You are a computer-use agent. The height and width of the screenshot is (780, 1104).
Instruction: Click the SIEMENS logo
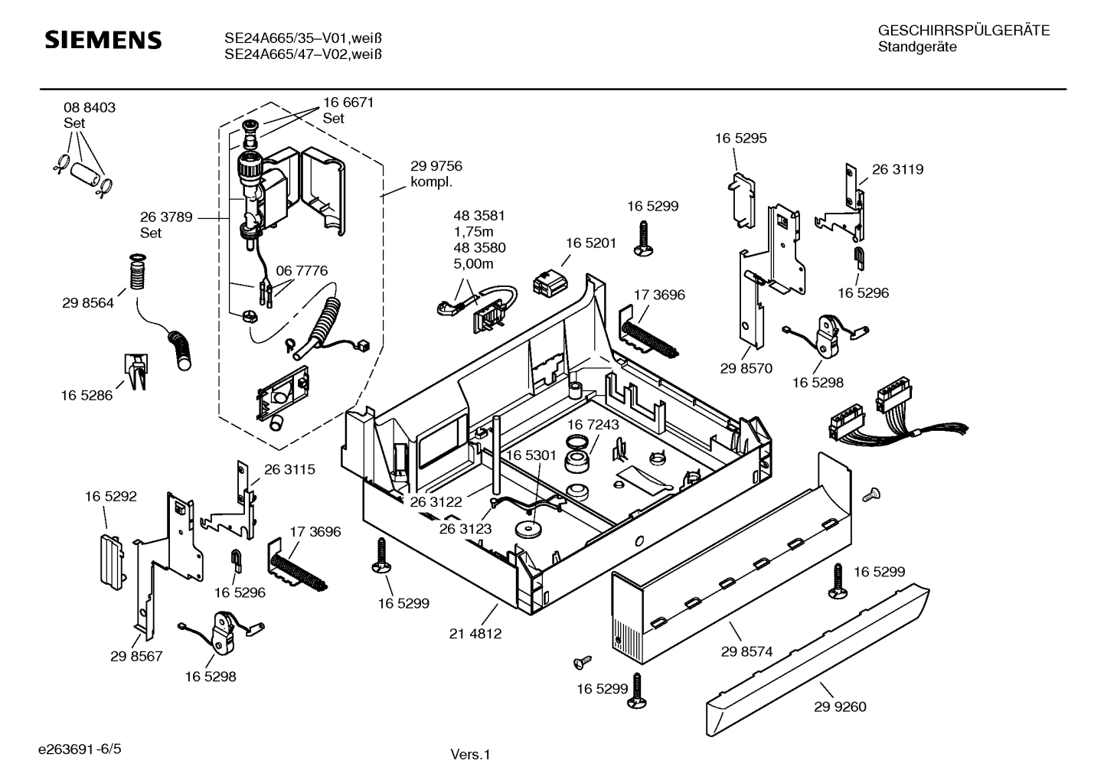103,40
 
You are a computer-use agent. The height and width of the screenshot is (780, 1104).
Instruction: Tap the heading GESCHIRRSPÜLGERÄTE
963,31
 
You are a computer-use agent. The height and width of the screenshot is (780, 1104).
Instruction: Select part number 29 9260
840,707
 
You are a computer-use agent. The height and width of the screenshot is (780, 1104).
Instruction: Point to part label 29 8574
746,651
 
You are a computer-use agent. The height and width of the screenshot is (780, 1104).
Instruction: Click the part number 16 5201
591,243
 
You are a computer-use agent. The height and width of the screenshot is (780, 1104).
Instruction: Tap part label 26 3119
897,169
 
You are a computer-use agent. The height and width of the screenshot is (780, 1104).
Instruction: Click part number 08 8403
90,108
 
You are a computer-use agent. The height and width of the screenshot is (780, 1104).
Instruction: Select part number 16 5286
87,396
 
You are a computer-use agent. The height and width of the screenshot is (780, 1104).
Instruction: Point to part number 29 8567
136,656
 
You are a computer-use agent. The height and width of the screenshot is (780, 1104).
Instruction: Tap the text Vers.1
469,755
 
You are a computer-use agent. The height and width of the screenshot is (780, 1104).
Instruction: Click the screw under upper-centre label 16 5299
642,238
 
